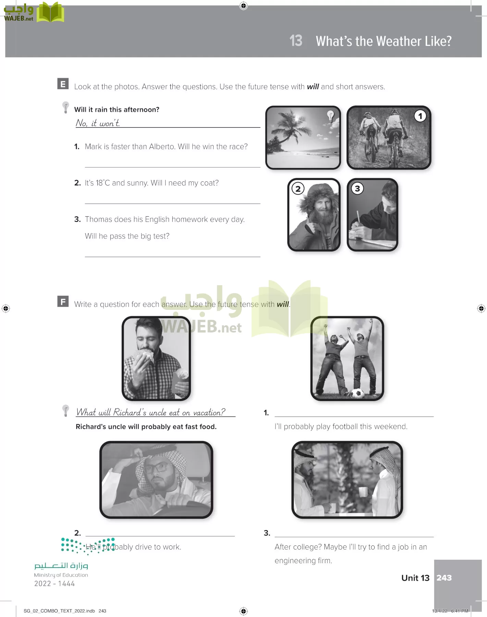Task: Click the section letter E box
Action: pyautogui.click(x=63, y=84)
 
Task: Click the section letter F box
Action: pyautogui.click(x=63, y=301)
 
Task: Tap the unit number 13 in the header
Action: pyautogui.click(x=296, y=41)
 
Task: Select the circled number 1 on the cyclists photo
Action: pyautogui.click(x=420, y=116)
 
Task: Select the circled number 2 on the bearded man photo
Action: pyautogui.click(x=298, y=188)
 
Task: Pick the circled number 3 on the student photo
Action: pyautogui.click(x=357, y=188)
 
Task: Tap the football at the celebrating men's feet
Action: pyautogui.click(x=357, y=393)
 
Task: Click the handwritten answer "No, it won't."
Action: pyautogui.click(x=98, y=123)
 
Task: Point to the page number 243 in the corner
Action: pyautogui.click(x=444, y=578)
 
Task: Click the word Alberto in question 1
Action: pyautogui.click(x=162, y=147)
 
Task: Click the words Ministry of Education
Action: pyautogui.click(x=61, y=575)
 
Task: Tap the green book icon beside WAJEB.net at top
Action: pyautogui.click(x=50, y=12)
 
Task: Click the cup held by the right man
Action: pyautogui.click(x=363, y=492)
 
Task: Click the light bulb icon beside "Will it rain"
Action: pyautogui.click(x=65, y=107)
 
